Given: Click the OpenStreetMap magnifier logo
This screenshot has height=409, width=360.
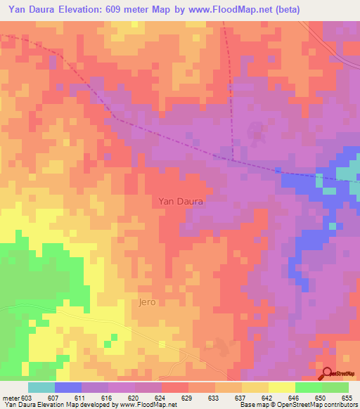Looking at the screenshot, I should tap(327, 375).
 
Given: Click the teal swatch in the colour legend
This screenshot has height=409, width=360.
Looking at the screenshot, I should tap(41, 387).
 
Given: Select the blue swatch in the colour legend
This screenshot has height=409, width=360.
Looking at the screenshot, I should tap(67, 387).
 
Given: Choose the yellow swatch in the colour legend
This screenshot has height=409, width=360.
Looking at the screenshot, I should tap(281, 387).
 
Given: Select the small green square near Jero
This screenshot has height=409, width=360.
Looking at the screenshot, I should tap(108, 343).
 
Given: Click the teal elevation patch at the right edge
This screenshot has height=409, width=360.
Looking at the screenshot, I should tap(346, 175).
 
